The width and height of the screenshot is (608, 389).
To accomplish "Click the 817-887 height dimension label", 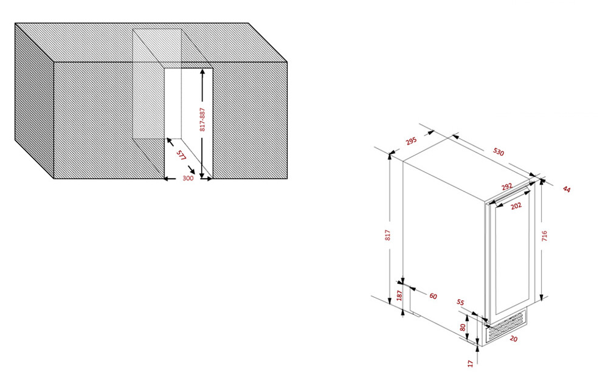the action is [x=202, y=119].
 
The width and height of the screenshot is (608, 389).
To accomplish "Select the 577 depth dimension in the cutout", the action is [x=181, y=156].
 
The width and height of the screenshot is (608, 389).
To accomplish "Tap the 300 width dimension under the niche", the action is [x=188, y=178].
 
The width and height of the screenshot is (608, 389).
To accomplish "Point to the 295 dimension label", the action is [x=411, y=140].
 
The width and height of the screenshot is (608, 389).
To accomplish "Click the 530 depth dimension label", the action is [x=499, y=152].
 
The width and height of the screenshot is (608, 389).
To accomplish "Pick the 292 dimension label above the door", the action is [x=507, y=187].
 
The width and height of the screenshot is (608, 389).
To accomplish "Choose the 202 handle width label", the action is [x=516, y=206].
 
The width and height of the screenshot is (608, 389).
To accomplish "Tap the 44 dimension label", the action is [x=567, y=190].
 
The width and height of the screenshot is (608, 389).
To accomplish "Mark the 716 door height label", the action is [x=544, y=236].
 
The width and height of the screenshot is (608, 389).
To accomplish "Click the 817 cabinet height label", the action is [x=387, y=235].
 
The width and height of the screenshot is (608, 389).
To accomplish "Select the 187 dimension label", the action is [x=399, y=295].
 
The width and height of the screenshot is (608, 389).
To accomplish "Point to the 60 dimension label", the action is [x=433, y=296].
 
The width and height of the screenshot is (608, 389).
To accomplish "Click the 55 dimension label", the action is [x=460, y=302].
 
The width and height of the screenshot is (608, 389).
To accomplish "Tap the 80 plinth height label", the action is [x=463, y=327].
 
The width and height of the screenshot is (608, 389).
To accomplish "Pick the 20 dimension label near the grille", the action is [x=513, y=339].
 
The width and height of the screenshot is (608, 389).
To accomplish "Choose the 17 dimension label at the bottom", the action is [x=471, y=363].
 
